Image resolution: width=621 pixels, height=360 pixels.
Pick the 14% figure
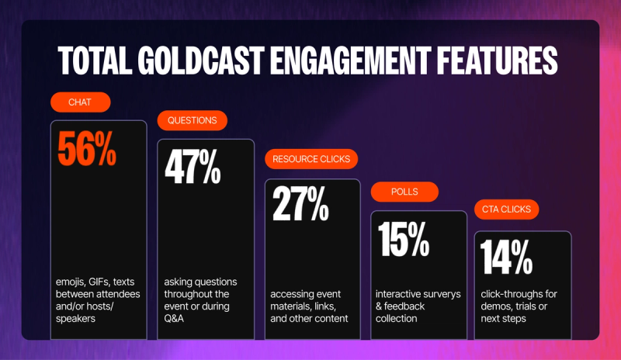(507, 257)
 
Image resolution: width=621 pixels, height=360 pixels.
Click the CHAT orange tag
(81, 102)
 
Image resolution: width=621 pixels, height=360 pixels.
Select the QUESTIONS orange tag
(193, 120)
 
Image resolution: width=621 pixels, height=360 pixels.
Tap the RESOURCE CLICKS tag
(311, 159)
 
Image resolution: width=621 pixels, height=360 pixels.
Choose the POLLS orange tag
(404, 192)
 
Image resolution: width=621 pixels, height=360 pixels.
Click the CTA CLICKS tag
(506, 209)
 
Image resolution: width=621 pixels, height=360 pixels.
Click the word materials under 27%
(291, 306)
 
